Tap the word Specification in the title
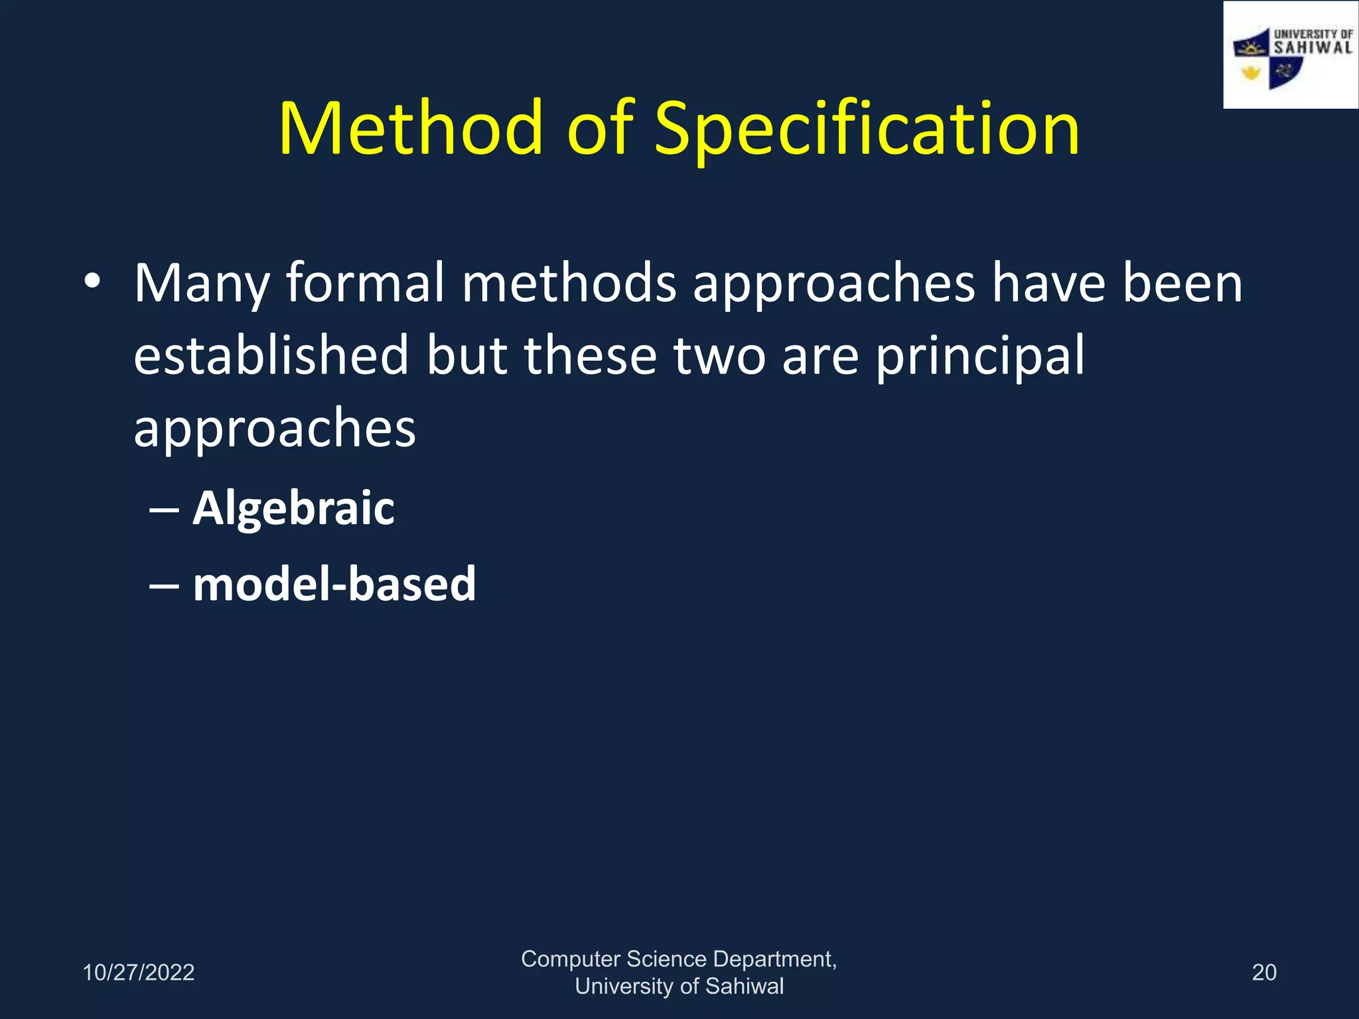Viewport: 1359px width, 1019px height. [x=867, y=130]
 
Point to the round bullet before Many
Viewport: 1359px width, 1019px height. [x=92, y=281]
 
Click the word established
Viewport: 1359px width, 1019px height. [x=271, y=356]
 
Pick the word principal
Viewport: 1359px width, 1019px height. [x=979, y=357]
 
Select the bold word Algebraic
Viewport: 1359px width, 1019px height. [x=293, y=508]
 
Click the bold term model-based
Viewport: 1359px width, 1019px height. [x=334, y=584]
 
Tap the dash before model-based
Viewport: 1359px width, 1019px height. [x=164, y=586]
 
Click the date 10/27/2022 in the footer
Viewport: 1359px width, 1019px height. [x=138, y=973]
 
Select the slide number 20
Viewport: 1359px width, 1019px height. [x=1263, y=973]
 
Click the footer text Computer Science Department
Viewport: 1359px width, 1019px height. [x=678, y=959]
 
